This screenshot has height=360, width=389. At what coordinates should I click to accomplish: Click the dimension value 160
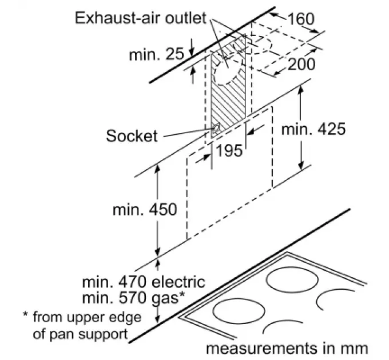[x=301, y=19]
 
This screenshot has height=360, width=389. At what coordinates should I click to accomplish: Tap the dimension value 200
[x=301, y=64]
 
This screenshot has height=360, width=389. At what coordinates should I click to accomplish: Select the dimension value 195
[x=229, y=151]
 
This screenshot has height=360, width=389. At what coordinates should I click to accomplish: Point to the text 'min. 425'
[x=313, y=129]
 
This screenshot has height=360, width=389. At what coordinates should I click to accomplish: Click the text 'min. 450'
[x=145, y=210]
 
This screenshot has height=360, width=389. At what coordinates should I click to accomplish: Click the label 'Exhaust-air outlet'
[x=140, y=18]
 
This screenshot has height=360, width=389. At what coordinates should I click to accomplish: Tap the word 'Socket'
[x=131, y=135]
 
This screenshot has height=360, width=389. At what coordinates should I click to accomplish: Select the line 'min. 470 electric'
[x=143, y=282]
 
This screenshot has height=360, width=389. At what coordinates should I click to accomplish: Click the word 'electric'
[x=177, y=282]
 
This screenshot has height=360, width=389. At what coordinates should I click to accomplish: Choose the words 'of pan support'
[x=80, y=334]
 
